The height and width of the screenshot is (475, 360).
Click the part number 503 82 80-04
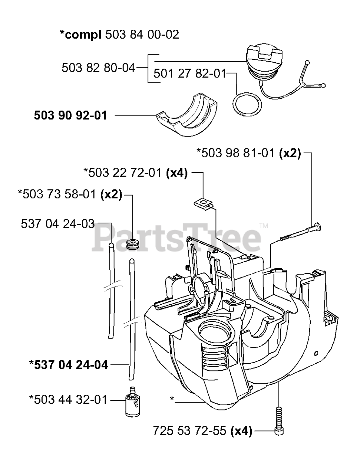[x=98, y=68]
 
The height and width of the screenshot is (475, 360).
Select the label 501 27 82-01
[x=189, y=73]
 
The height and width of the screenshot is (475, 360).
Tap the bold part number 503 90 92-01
[x=70, y=115]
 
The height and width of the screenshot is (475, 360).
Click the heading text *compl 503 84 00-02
[x=119, y=35]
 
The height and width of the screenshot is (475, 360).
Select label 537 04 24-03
[x=58, y=224]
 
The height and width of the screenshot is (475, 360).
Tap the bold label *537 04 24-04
[x=69, y=365]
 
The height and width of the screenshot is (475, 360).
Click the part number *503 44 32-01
[x=68, y=400]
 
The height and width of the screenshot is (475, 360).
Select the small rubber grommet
[x=132, y=244]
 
